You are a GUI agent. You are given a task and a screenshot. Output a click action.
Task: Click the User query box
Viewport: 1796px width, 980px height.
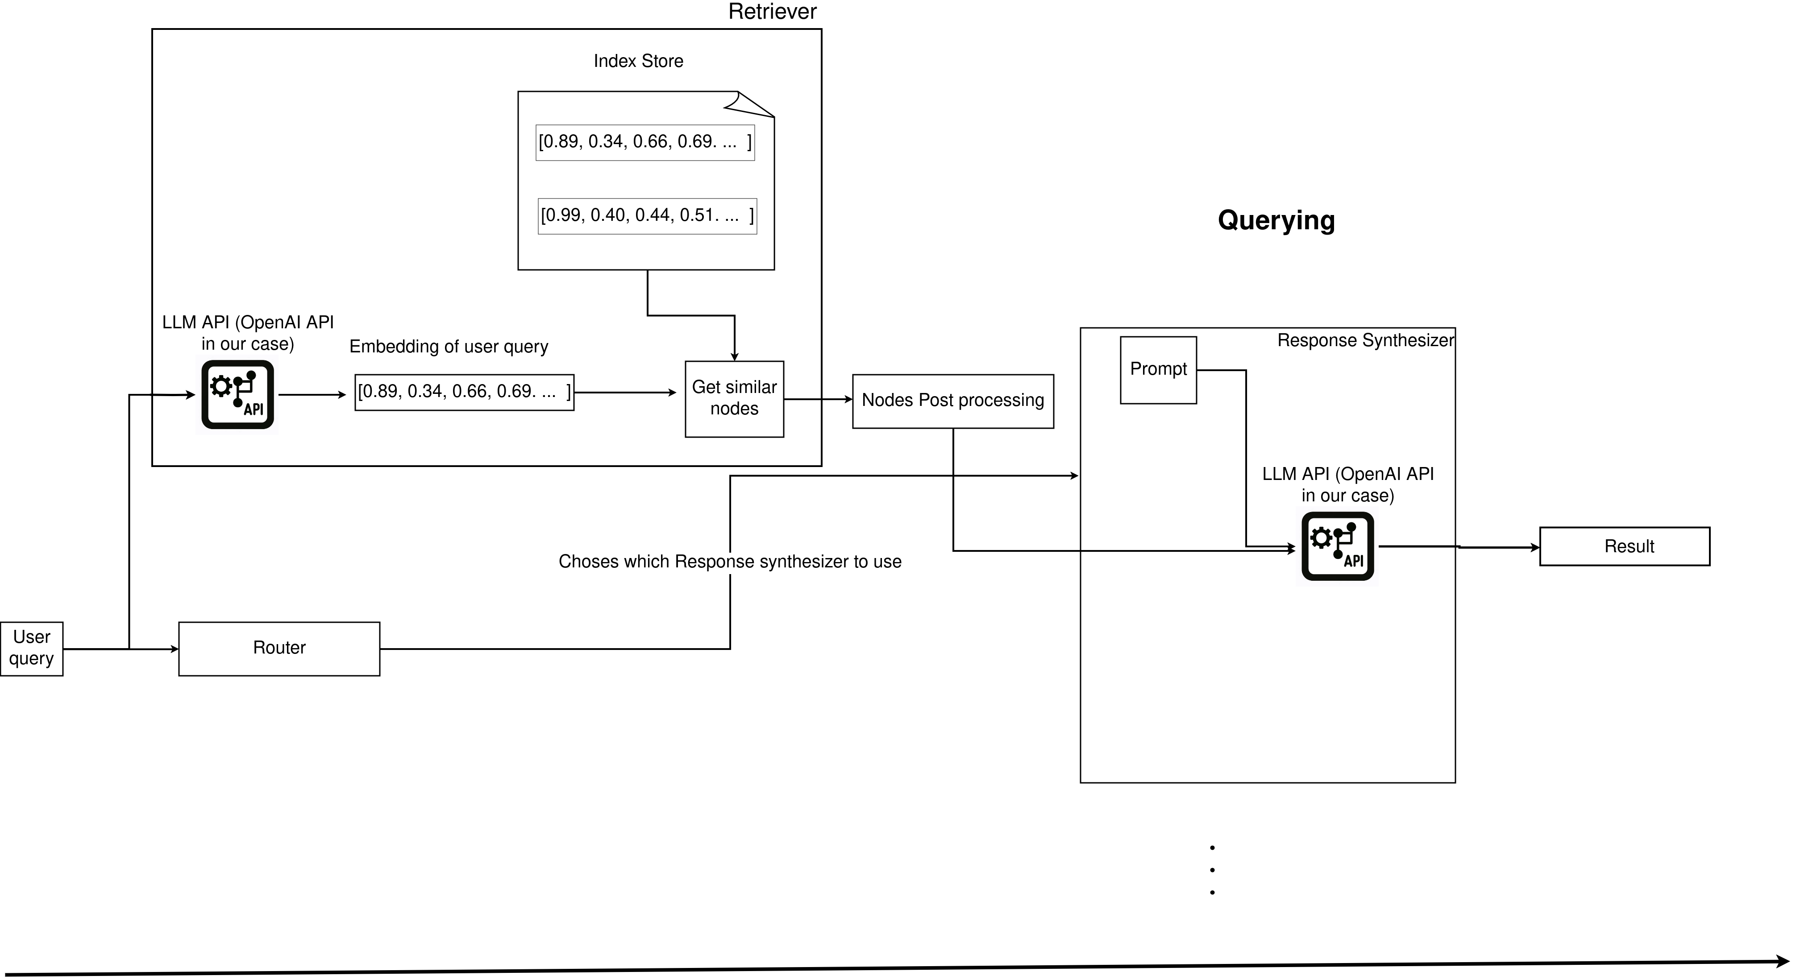31,648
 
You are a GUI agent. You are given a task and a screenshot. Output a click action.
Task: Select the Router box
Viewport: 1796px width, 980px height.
279,648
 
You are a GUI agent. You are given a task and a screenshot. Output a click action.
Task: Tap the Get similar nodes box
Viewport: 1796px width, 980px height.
734,398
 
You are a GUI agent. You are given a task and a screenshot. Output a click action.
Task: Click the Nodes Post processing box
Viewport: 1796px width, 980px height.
952,401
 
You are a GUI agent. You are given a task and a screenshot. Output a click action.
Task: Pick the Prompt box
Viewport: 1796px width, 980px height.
1158,369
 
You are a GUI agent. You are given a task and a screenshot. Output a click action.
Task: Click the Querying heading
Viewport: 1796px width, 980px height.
1276,220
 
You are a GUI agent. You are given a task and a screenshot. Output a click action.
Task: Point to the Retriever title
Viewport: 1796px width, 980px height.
772,12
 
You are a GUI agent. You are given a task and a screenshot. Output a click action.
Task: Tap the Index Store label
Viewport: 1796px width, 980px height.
638,62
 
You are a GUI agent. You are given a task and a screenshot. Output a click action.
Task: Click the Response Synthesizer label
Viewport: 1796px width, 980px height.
1365,341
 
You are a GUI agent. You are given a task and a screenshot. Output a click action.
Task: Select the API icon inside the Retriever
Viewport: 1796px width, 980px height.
238,394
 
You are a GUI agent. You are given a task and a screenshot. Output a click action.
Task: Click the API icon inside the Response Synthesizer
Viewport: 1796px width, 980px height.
1337,546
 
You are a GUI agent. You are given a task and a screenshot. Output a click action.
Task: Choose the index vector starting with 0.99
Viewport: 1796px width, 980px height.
647,215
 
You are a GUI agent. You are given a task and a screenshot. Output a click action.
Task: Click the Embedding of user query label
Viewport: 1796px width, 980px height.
448,347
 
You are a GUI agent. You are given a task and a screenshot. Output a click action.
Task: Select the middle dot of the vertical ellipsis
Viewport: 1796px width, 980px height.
1213,870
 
